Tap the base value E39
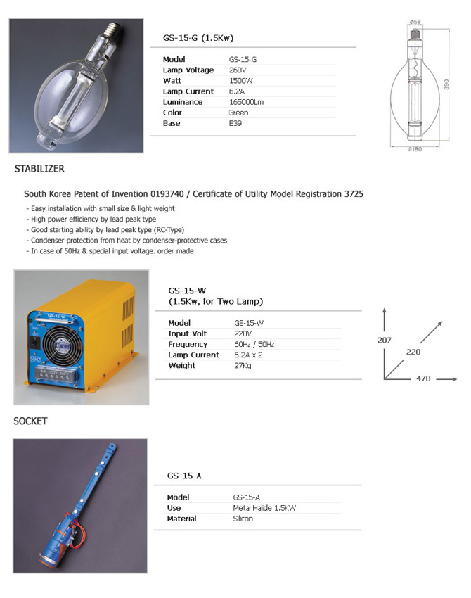(235, 123)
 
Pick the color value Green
(238, 113)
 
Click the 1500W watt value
(239, 81)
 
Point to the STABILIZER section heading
(39, 169)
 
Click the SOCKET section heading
(30, 421)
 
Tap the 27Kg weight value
(243, 365)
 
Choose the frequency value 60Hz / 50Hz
(254, 344)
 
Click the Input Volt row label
(187, 333)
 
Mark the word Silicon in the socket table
(243, 519)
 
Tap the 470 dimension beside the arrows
(423, 378)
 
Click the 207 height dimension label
(384, 340)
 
